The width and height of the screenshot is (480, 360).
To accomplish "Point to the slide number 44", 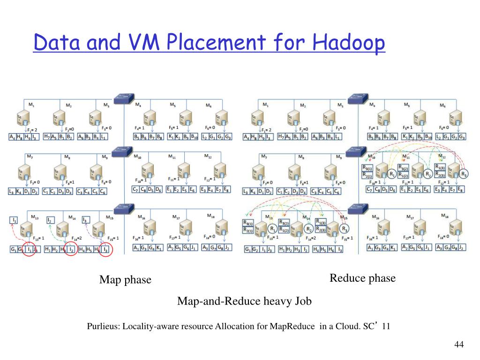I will pos(459,345).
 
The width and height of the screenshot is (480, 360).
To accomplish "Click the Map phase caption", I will pos(125,280).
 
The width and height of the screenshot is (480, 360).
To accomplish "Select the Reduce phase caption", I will pos(362,278).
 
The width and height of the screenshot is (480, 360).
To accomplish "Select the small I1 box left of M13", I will pos(15,220).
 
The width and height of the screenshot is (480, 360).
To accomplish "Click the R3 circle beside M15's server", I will pos(345,229).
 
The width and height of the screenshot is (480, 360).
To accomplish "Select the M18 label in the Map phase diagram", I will pos(212,216).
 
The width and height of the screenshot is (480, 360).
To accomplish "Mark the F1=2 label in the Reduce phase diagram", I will pos(267,130).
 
